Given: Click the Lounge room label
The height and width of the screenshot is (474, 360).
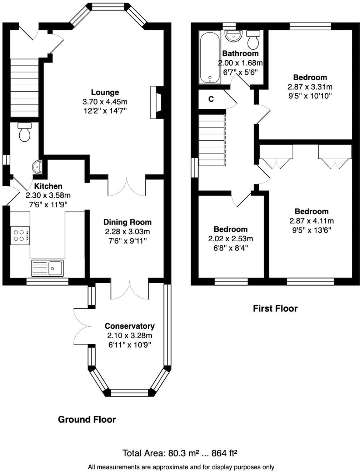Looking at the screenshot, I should click(x=105, y=92).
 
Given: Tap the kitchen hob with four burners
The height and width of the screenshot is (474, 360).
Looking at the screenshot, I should click(x=20, y=235).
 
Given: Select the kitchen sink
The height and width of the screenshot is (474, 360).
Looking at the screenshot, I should click(x=48, y=268).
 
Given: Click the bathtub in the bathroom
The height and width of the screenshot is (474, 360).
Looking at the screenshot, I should click(x=210, y=57).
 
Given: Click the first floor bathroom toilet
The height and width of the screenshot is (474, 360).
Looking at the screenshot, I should click(x=253, y=40).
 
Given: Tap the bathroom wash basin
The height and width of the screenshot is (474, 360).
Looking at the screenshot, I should click(x=234, y=36).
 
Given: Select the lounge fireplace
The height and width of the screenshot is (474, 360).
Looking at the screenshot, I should click(x=157, y=102).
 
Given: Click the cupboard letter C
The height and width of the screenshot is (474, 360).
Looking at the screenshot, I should click(x=211, y=99).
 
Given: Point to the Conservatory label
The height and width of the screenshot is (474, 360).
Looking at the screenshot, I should click(x=130, y=326).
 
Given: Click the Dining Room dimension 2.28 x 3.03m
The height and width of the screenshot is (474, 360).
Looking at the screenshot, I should click(x=127, y=232).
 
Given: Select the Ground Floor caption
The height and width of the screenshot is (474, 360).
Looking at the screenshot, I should click(x=87, y=419).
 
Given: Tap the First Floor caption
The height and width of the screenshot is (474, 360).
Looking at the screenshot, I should click(x=275, y=308).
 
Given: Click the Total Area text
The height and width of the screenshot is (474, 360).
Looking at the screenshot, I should click(x=180, y=453).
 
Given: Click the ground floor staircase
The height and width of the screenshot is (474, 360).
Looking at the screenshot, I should click(x=24, y=88).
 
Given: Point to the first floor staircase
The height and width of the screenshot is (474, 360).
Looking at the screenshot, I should click(x=212, y=140).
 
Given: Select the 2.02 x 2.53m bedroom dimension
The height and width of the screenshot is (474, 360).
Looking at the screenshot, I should click(x=230, y=239).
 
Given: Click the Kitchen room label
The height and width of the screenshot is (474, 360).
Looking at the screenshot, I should click(x=48, y=186).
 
